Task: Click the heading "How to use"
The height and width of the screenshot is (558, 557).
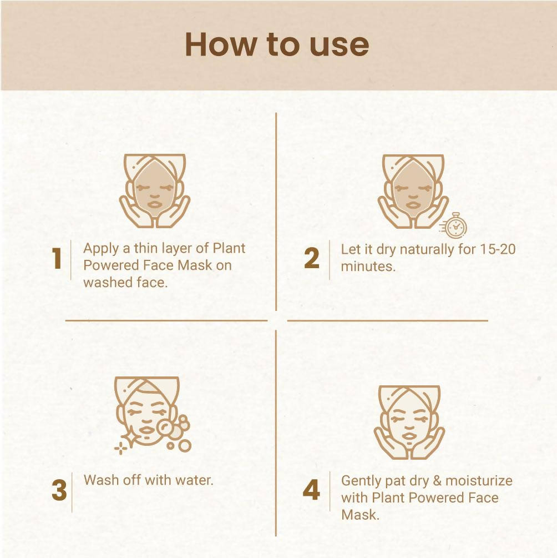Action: (x=277, y=44)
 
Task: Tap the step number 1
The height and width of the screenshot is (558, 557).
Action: (x=57, y=259)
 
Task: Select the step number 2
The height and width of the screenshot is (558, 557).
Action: (x=312, y=259)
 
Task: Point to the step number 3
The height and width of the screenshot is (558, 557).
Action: (x=59, y=491)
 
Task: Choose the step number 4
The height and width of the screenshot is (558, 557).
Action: (x=312, y=490)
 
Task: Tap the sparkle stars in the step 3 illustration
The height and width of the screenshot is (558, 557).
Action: (x=121, y=448)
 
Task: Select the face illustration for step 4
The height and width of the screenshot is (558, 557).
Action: (x=409, y=421)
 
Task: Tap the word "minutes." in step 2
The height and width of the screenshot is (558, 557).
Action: (x=368, y=266)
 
